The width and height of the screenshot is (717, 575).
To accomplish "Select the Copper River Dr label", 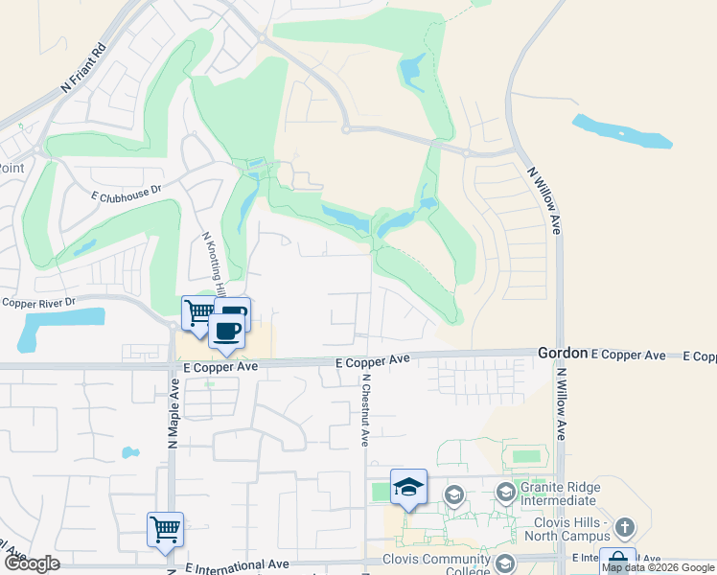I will tap(38, 302).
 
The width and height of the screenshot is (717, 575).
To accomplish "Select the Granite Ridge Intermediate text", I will tap(561, 494).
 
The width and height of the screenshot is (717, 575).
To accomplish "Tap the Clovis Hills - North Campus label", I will tap(574, 530).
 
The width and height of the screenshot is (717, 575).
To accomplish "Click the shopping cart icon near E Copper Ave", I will tap(198, 311).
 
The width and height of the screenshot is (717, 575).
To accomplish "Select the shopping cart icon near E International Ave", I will tap(165, 528).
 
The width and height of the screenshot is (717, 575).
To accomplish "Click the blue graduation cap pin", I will tap(408, 486).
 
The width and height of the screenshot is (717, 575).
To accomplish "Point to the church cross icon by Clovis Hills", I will tap(624, 527).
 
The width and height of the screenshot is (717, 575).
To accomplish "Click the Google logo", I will tap(32, 564).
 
